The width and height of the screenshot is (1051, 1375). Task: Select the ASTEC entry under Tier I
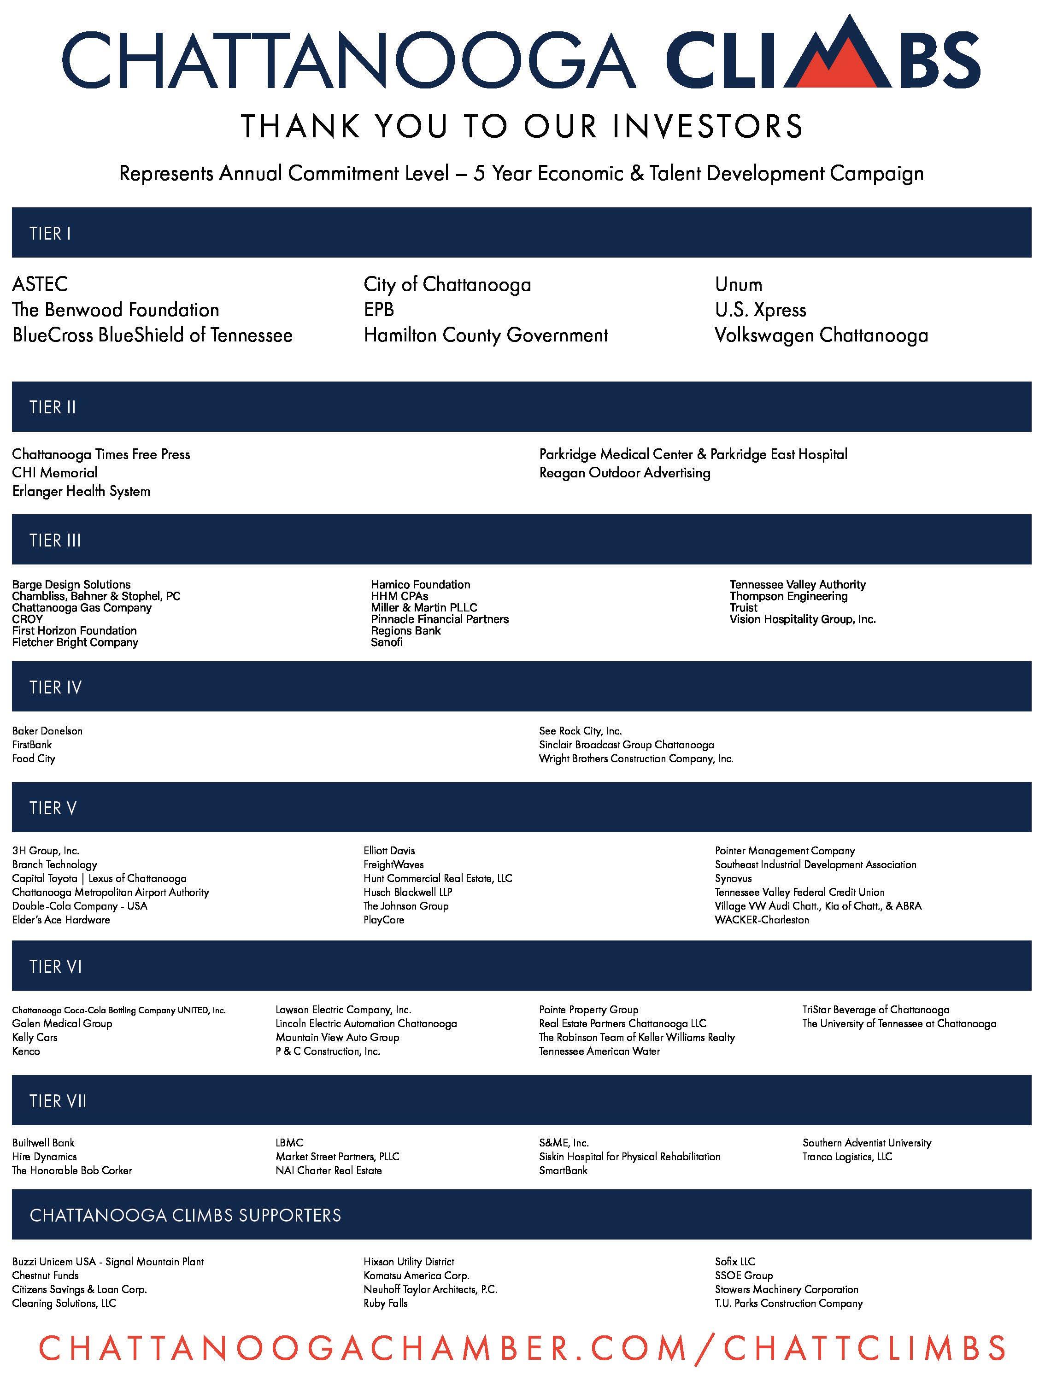click(x=40, y=285)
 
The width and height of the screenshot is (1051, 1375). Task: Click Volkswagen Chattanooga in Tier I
click(x=821, y=335)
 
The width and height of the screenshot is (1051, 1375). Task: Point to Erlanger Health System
click(x=82, y=491)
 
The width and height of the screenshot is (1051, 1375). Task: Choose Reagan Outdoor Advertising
click(x=624, y=472)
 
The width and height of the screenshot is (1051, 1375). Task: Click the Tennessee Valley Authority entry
click(x=797, y=584)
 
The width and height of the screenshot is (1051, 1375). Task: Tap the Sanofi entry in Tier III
click(x=387, y=642)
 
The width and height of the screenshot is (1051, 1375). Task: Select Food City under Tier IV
click(x=34, y=759)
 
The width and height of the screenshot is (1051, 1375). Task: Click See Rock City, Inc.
click(x=580, y=731)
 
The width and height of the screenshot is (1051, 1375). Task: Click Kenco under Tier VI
click(x=26, y=1051)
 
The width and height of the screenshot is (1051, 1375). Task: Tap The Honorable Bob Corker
click(x=72, y=1170)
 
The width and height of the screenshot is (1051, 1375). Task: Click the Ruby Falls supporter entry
click(x=385, y=1303)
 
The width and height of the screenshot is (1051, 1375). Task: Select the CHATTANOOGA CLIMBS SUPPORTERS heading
click(x=185, y=1216)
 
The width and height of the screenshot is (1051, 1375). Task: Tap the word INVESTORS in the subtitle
click(x=707, y=126)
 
